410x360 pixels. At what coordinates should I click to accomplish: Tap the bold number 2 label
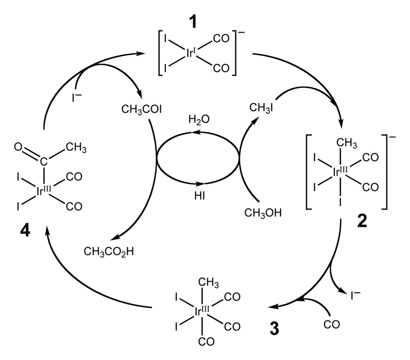point(362,222)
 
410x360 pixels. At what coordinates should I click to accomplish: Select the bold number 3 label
point(274,329)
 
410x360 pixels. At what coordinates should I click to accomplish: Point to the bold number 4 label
point(25,231)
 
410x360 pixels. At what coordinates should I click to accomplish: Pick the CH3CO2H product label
point(109,252)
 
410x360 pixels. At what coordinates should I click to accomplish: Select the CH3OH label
point(263,212)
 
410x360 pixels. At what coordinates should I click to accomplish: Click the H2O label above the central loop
point(199,120)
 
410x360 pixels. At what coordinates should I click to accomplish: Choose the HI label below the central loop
point(199,196)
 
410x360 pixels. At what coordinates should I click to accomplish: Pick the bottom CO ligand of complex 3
point(206,342)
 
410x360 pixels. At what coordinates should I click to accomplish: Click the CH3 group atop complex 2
point(347,143)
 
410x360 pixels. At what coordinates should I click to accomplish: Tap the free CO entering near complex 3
point(332,324)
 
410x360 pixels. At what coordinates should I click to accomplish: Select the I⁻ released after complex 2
point(355,295)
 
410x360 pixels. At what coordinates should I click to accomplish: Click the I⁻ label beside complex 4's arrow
point(77,97)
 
